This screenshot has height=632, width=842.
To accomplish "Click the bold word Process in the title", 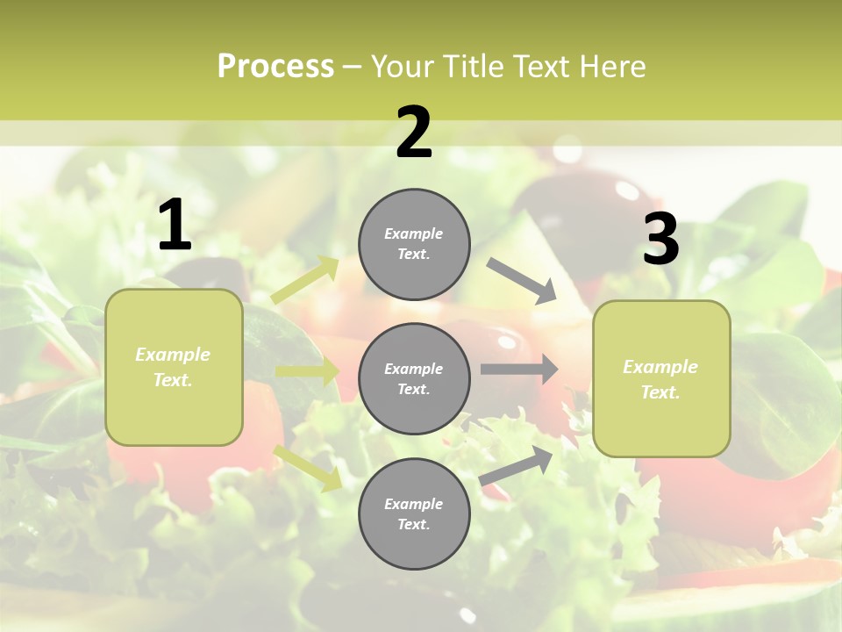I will click(x=275, y=67).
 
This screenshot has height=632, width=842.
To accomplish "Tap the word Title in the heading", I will click(x=475, y=67).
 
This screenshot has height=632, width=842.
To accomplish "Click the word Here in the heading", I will click(x=613, y=67).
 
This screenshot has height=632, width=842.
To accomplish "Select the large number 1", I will click(x=175, y=226).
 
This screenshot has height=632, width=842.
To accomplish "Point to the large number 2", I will click(x=414, y=133).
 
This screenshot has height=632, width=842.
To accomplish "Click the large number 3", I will click(x=660, y=240).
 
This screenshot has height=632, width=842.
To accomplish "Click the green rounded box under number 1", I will click(x=174, y=367).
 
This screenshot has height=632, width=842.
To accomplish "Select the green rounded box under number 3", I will click(x=661, y=378).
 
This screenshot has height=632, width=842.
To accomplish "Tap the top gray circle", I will click(x=414, y=244).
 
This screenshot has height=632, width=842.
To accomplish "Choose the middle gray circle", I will click(x=414, y=378).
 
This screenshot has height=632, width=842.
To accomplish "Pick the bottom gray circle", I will click(x=414, y=513).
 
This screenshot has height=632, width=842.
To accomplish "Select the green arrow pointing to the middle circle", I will click(x=308, y=371).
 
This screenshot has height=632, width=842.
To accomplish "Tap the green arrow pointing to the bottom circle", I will click(x=308, y=468).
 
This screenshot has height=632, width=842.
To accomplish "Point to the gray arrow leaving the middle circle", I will click(x=519, y=370).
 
